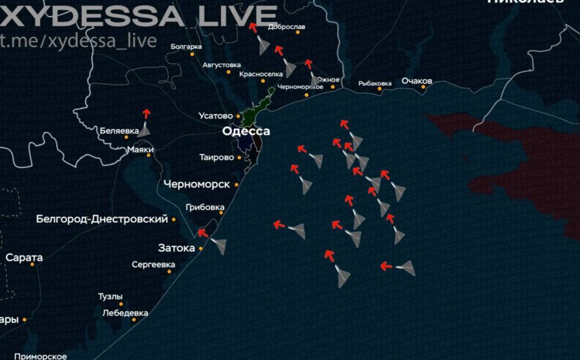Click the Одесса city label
(246, 131)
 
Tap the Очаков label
(417, 81)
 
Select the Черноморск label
(196, 184)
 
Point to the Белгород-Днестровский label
(101, 219)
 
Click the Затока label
(176, 248)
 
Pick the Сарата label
(24, 258)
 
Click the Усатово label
(216, 116)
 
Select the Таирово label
(216, 158)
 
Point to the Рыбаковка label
(375, 83)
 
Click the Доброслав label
(287, 27)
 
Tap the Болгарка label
(186, 46)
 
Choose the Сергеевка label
(153, 265)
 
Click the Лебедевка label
(125, 313)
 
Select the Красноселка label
(261, 74)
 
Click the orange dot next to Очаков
(424, 88)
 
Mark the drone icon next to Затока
(218, 245)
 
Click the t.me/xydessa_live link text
(79, 40)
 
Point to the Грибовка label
(205, 207)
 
